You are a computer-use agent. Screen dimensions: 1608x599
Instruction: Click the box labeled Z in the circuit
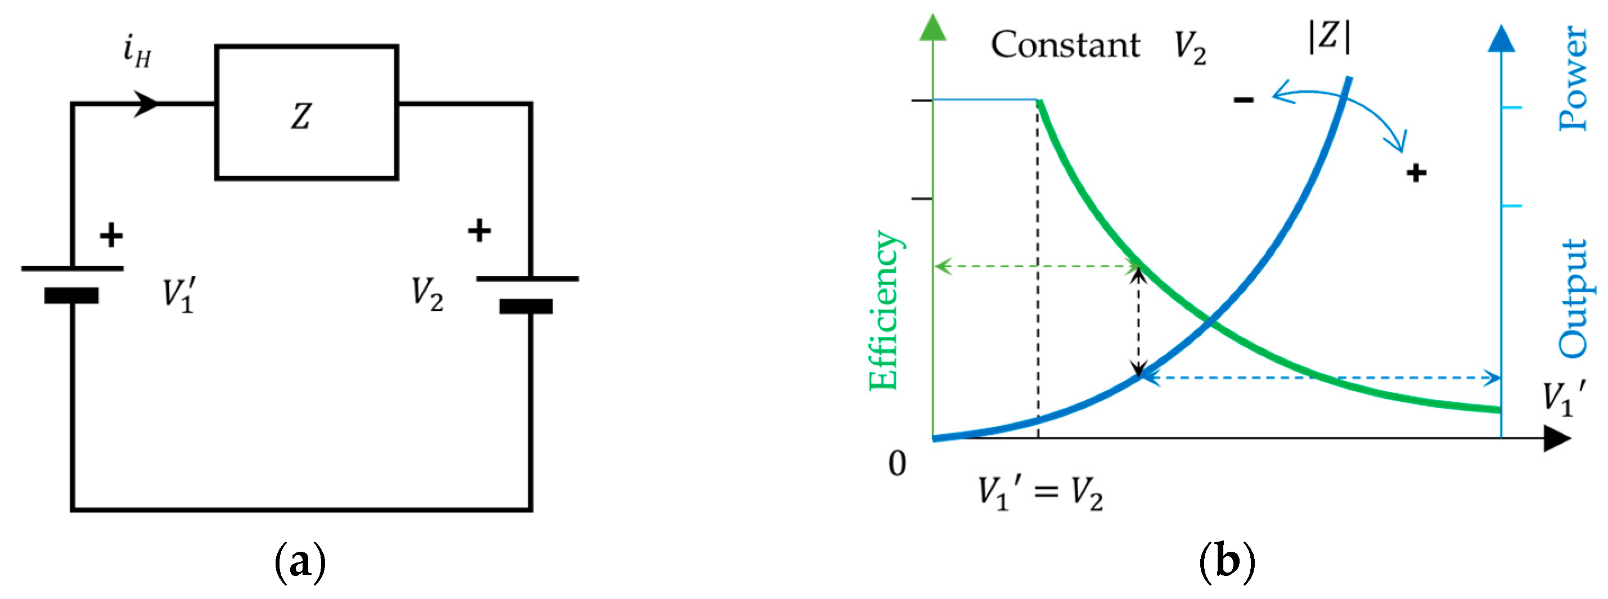[x=307, y=113]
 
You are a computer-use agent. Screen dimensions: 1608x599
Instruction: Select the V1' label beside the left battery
[x=179, y=294]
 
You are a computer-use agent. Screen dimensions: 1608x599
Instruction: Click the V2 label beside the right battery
[x=427, y=292]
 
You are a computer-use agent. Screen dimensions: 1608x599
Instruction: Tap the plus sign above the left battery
[x=111, y=235]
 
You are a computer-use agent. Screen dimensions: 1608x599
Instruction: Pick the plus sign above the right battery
[x=479, y=230]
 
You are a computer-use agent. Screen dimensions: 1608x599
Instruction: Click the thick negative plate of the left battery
[x=71, y=295]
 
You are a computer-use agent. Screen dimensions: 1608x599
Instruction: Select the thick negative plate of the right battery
[x=526, y=306]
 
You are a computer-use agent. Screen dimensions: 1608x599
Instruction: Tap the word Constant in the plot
[x=1065, y=45]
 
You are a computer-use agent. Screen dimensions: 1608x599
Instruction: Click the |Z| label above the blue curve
[x=1329, y=36]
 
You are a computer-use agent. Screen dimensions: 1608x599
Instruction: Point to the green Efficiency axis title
[x=882, y=310]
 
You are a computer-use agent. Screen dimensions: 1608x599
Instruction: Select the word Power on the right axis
[x=1574, y=78]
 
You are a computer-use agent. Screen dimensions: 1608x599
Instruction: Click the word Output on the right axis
[x=1574, y=299]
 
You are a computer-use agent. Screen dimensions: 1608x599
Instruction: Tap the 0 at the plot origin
[x=897, y=463]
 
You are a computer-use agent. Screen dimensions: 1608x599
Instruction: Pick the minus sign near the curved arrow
[x=1244, y=99]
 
